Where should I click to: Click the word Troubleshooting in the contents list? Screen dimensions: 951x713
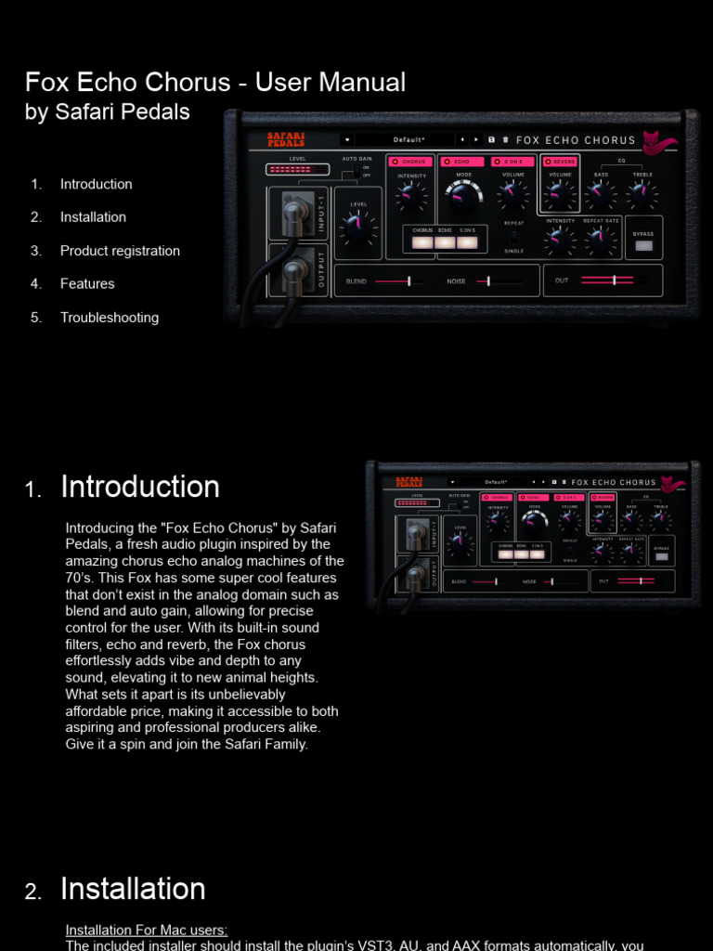coord(109,318)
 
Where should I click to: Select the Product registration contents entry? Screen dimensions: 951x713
coord(120,251)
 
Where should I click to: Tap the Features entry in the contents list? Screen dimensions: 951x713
coord(87,284)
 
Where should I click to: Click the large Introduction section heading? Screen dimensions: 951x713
coord(140,487)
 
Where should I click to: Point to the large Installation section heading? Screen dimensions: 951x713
coord(133,889)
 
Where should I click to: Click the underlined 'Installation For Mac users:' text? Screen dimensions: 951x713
coord(147,930)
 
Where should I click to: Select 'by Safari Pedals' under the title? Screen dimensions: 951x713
coord(108,112)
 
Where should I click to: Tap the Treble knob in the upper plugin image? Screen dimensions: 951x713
coord(641,194)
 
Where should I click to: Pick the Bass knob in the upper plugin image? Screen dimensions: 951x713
coord(601,194)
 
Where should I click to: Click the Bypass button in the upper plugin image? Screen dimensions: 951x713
coord(643,246)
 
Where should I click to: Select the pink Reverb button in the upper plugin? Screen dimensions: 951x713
coord(561,162)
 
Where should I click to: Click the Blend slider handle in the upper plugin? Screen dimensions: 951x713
coord(408,280)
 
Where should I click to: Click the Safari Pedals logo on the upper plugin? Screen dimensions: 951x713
coord(285,140)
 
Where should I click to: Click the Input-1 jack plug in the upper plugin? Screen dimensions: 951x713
coord(293,215)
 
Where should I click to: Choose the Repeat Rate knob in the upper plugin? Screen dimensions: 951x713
coord(601,241)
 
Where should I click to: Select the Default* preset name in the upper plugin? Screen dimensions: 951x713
coord(408,140)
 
